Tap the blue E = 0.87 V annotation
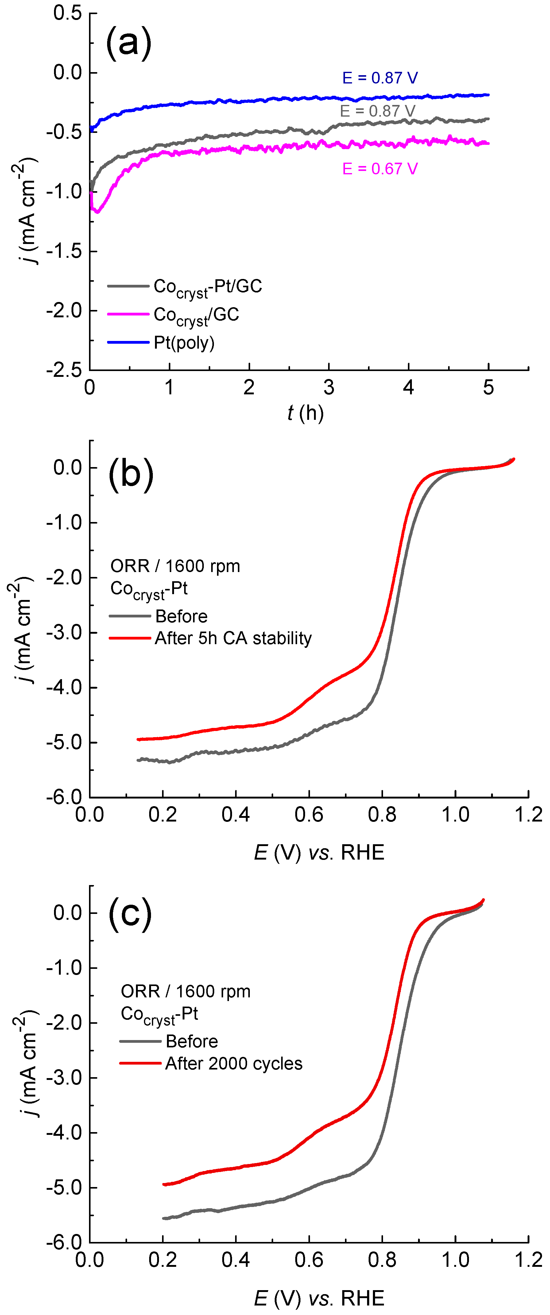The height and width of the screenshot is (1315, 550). click(380, 78)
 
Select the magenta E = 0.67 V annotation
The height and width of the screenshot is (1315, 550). click(380, 169)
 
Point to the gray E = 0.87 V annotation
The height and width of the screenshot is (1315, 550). click(378, 111)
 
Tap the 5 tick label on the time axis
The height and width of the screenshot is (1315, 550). click(488, 388)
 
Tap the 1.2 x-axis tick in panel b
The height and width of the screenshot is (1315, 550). click(528, 815)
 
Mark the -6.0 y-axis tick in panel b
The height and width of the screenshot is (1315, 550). click(64, 797)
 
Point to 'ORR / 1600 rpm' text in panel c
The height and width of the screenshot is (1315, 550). click(185, 991)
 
